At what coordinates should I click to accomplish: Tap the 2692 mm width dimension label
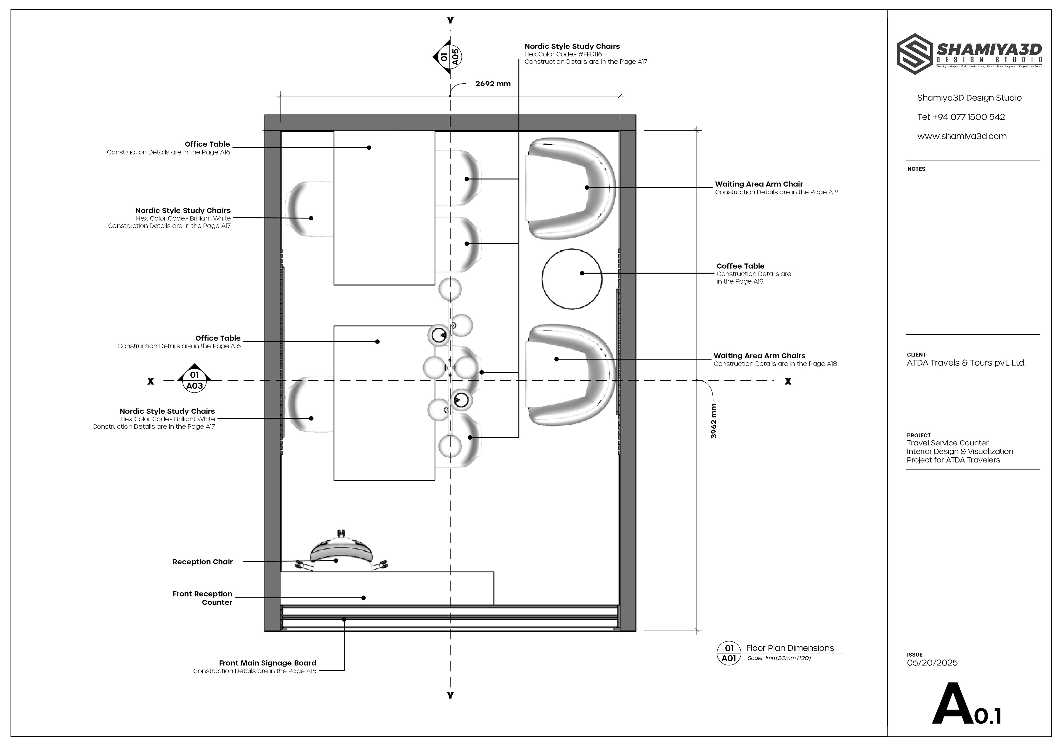(x=493, y=84)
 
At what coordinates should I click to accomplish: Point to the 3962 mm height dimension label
(x=714, y=421)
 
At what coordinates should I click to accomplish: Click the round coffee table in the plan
(x=572, y=279)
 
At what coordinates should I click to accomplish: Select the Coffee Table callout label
(x=741, y=266)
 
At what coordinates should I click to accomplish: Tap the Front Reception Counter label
(x=203, y=598)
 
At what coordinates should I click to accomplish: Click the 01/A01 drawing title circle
(x=729, y=653)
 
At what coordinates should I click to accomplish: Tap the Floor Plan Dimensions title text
(x=790, y=648)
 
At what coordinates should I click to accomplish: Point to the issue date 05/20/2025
(x=932, y=663)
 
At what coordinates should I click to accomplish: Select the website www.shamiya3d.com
(x=962, y=136)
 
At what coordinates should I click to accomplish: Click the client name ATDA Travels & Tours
(x=966, y=363)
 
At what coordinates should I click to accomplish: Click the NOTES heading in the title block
(x=916, y=169)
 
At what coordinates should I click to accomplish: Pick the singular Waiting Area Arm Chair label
(x=759, y=184)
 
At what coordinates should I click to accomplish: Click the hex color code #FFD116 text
(x=563, y=54)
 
